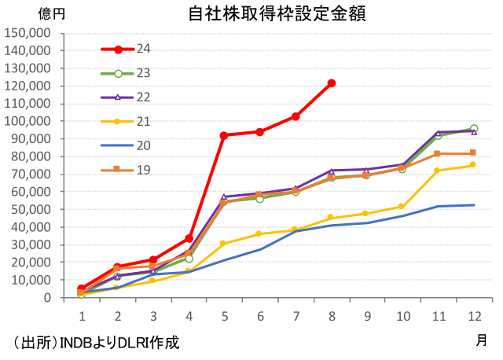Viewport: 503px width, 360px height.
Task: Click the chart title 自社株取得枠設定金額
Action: [276, 14]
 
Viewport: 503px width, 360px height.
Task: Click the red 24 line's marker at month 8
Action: [332, 83]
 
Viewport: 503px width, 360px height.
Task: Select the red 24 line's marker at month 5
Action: [224, 135]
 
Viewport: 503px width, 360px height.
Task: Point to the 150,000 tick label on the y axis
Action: [28, 32]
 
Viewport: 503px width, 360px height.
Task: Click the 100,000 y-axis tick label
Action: [28, 121]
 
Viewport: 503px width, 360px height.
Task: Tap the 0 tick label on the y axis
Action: [48, 298]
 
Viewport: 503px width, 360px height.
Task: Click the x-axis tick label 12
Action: [474, 315]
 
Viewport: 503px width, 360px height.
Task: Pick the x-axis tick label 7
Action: [296, 315]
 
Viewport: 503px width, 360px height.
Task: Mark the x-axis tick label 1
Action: [81, 315]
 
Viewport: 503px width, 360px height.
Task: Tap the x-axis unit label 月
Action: [480, 340]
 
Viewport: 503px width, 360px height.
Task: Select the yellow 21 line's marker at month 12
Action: [474, 164]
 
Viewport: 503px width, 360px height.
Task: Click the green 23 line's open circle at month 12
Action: [474, 129]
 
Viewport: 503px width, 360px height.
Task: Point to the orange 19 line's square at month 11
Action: [438, 154]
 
